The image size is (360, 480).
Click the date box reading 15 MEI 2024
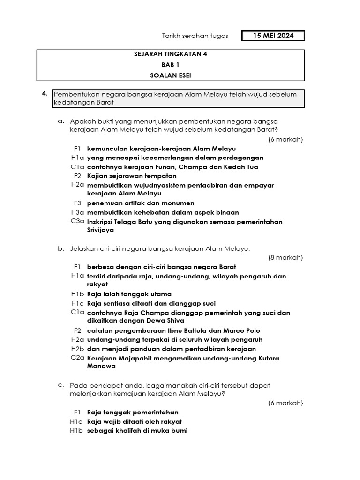tap(273, 36)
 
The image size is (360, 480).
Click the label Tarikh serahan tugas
tap(195, 36)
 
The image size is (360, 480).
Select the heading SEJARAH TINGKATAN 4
tap(170, 54)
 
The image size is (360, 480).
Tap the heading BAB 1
tap(170, 65)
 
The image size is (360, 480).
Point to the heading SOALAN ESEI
tap(170, 75)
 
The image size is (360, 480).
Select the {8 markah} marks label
tap(285, 257)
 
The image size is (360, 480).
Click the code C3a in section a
tap(77, 221)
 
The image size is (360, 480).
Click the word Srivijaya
tap(100, 230)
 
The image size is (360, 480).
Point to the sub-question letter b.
tap(61, 248)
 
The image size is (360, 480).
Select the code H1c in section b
tap(77, 303)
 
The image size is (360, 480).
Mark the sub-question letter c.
tap(61, 385)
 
